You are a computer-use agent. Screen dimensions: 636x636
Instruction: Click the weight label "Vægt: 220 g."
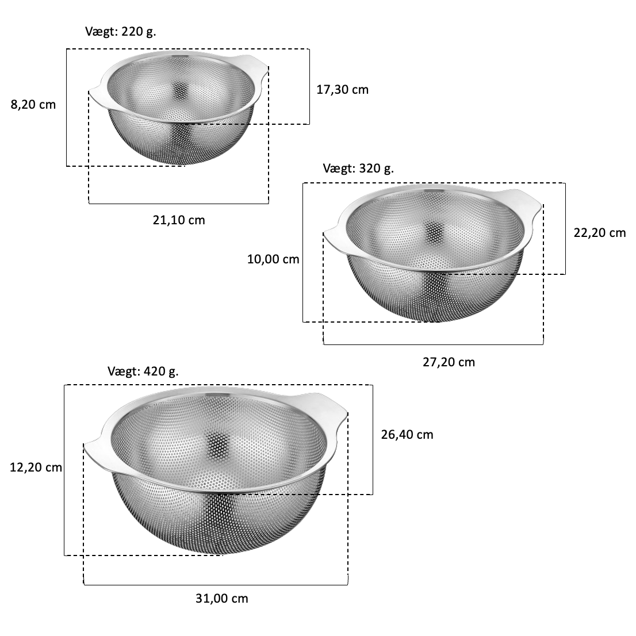pyautogui.click(x=120, y=32)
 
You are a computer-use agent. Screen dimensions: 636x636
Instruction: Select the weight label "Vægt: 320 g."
pyautogui.click(x=358, y=168)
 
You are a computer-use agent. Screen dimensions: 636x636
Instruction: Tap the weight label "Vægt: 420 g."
pyautogui.click(x=143, y=371)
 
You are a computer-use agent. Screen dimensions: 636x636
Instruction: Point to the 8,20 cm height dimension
pyautogui.click(x=33, y=105)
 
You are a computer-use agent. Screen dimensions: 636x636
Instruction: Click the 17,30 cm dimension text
pyautogui.click(x=342, y=90)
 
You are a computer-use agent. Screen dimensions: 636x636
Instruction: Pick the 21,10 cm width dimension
pyautogui.click(x=179, y=220)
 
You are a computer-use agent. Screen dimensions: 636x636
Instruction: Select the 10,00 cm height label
pyautogui.click(x=273, y=259)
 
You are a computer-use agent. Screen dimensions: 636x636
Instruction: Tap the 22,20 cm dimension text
pyautogui.click(x=600, y=233)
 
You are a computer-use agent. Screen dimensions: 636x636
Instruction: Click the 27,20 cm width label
pyautogui.click(x=449, y=362)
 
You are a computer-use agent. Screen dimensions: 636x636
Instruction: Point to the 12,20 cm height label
pyautogui.click(x=36, y=468)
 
